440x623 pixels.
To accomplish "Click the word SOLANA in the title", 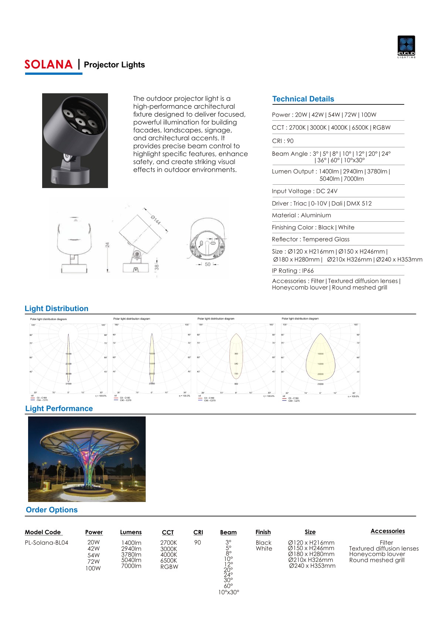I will (48, 64).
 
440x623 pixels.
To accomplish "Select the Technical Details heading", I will (303, 99).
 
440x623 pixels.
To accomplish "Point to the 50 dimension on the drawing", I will (207, 264).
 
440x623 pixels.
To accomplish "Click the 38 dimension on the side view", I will (157, 267).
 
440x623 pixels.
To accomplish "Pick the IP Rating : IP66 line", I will (292, 271).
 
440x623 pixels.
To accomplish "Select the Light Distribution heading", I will (56, 308).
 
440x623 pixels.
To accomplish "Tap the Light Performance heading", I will (59, 408).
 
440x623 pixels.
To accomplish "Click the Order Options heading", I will (51, 510).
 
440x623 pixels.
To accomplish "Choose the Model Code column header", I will (43, 532).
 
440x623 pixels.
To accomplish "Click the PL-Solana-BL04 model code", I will (46, 543).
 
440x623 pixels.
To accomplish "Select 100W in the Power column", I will (93, 568).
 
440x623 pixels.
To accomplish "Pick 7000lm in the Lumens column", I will (131, 566).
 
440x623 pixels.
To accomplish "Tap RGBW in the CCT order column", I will (169, 567).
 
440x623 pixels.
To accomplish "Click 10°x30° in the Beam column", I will (229, 592).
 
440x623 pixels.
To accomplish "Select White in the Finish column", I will (264, 549).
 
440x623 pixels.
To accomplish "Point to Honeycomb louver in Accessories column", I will (377, 554).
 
